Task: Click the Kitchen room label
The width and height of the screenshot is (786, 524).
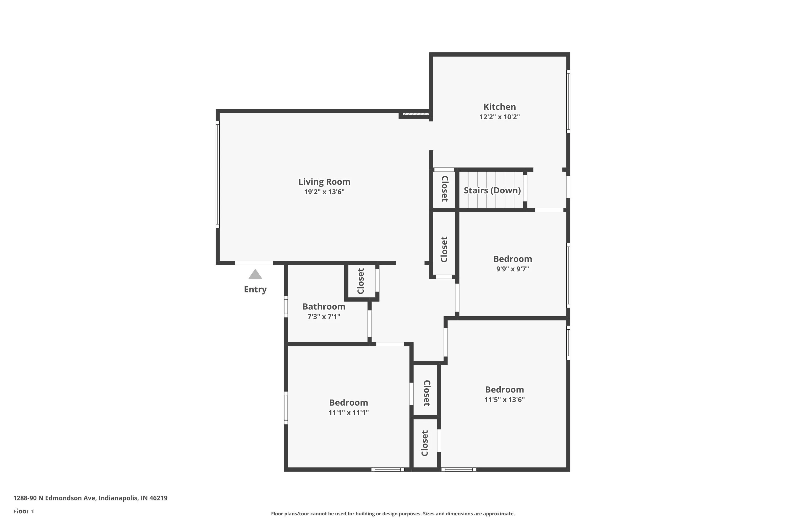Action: click(x=500, y=107)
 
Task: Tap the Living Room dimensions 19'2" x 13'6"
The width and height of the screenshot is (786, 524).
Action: click(x=324, y=192)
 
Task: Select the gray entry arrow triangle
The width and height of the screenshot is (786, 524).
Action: click(x=255, y=274)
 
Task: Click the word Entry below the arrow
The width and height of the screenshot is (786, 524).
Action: click(x=255, y=290)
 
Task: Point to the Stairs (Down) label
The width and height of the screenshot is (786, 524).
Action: click(x=492, y=190)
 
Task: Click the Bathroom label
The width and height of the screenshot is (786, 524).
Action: click(x=324, y=307)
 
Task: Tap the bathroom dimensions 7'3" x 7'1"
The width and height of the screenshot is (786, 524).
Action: click(x=324, y=316)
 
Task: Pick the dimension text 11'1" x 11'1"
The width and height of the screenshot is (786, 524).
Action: click(x=348, y=412)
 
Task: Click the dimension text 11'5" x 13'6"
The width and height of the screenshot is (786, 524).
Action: click(x=505, y=399)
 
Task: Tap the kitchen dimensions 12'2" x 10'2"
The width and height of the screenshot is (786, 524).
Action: click(x=500, y=117)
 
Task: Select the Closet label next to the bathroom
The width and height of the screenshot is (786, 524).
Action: click(x=361, y=281)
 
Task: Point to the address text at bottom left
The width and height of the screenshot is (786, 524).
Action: click(x=90, y=498)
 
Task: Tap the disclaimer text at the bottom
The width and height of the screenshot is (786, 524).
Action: click(x=393, y=514)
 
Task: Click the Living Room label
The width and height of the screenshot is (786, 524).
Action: click(x=324, y=182)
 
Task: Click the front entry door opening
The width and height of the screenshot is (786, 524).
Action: click(x=254, y=263)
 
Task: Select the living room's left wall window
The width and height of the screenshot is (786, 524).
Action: click(x=217, y=174)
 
